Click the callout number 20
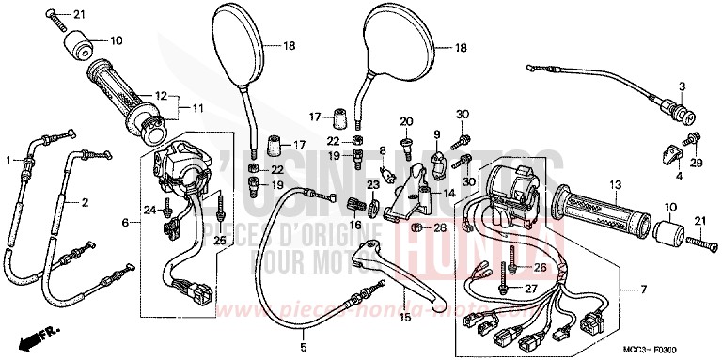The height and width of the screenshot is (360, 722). click(406, 121)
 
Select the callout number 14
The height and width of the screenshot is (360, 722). click(447, 194)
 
